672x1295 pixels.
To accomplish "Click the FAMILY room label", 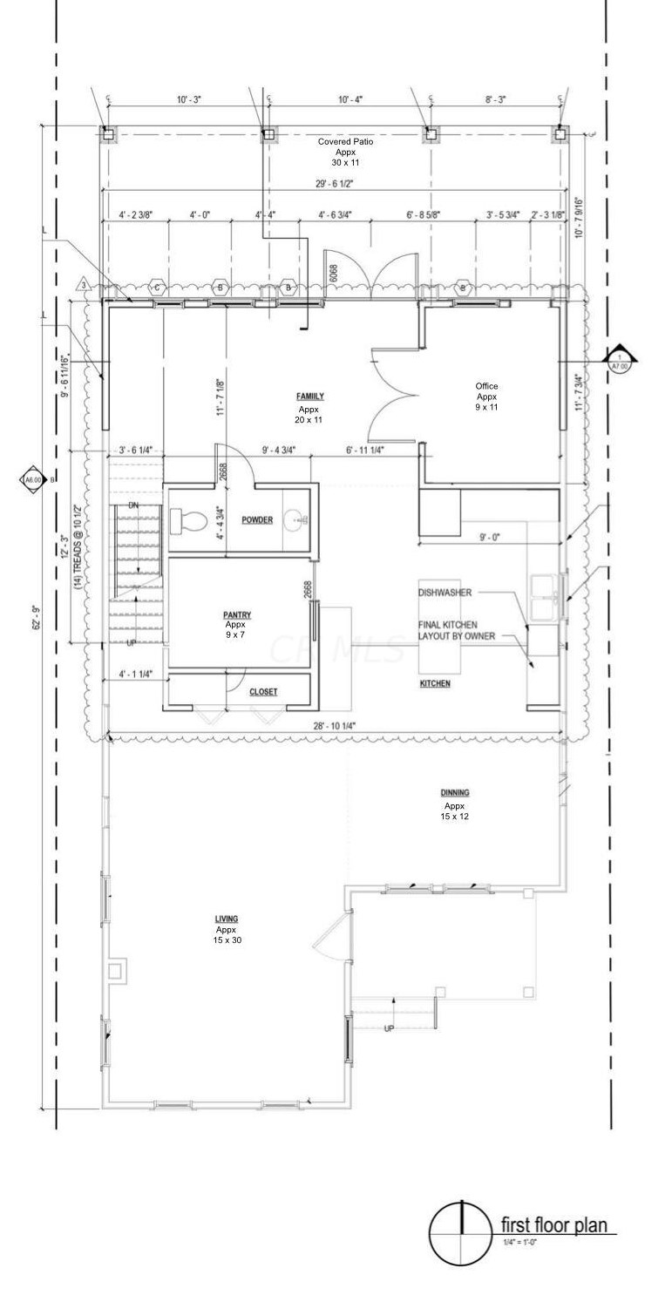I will (x=309, y=397).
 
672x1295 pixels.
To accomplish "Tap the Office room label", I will (x=486, y=386).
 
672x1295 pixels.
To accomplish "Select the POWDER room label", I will (x=257, y=520).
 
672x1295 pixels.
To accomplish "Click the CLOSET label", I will (x=263, y=692).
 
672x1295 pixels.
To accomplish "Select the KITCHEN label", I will (x=435, y=684).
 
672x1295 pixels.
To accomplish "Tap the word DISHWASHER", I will (x=445, y=593).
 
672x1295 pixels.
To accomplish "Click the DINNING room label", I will (x=454, y=793).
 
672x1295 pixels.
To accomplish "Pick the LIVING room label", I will (x=227, y=919).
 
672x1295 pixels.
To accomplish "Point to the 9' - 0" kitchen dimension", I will (x=490, y=538).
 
